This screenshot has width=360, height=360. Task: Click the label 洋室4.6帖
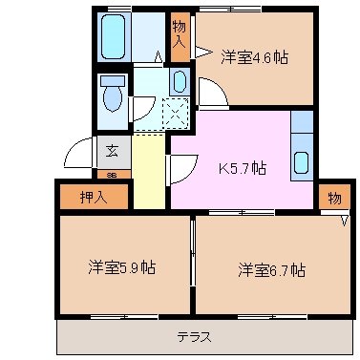point(254,56)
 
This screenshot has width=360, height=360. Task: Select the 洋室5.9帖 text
point(122,267)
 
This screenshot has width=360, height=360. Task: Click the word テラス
point(193,336)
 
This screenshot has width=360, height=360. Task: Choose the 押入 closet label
point(92,198)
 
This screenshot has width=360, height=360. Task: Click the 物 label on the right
point(332,198)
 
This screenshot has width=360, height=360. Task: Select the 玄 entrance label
point(113,150)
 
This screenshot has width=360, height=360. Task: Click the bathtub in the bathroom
point(114,38)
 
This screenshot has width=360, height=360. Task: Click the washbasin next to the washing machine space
point(179,82)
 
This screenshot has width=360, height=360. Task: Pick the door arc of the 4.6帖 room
point(212,94)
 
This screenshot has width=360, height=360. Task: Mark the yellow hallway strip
point(148,172)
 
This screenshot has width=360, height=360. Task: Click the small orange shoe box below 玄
point(112,175)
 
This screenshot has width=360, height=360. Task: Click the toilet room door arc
point(143,108)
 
